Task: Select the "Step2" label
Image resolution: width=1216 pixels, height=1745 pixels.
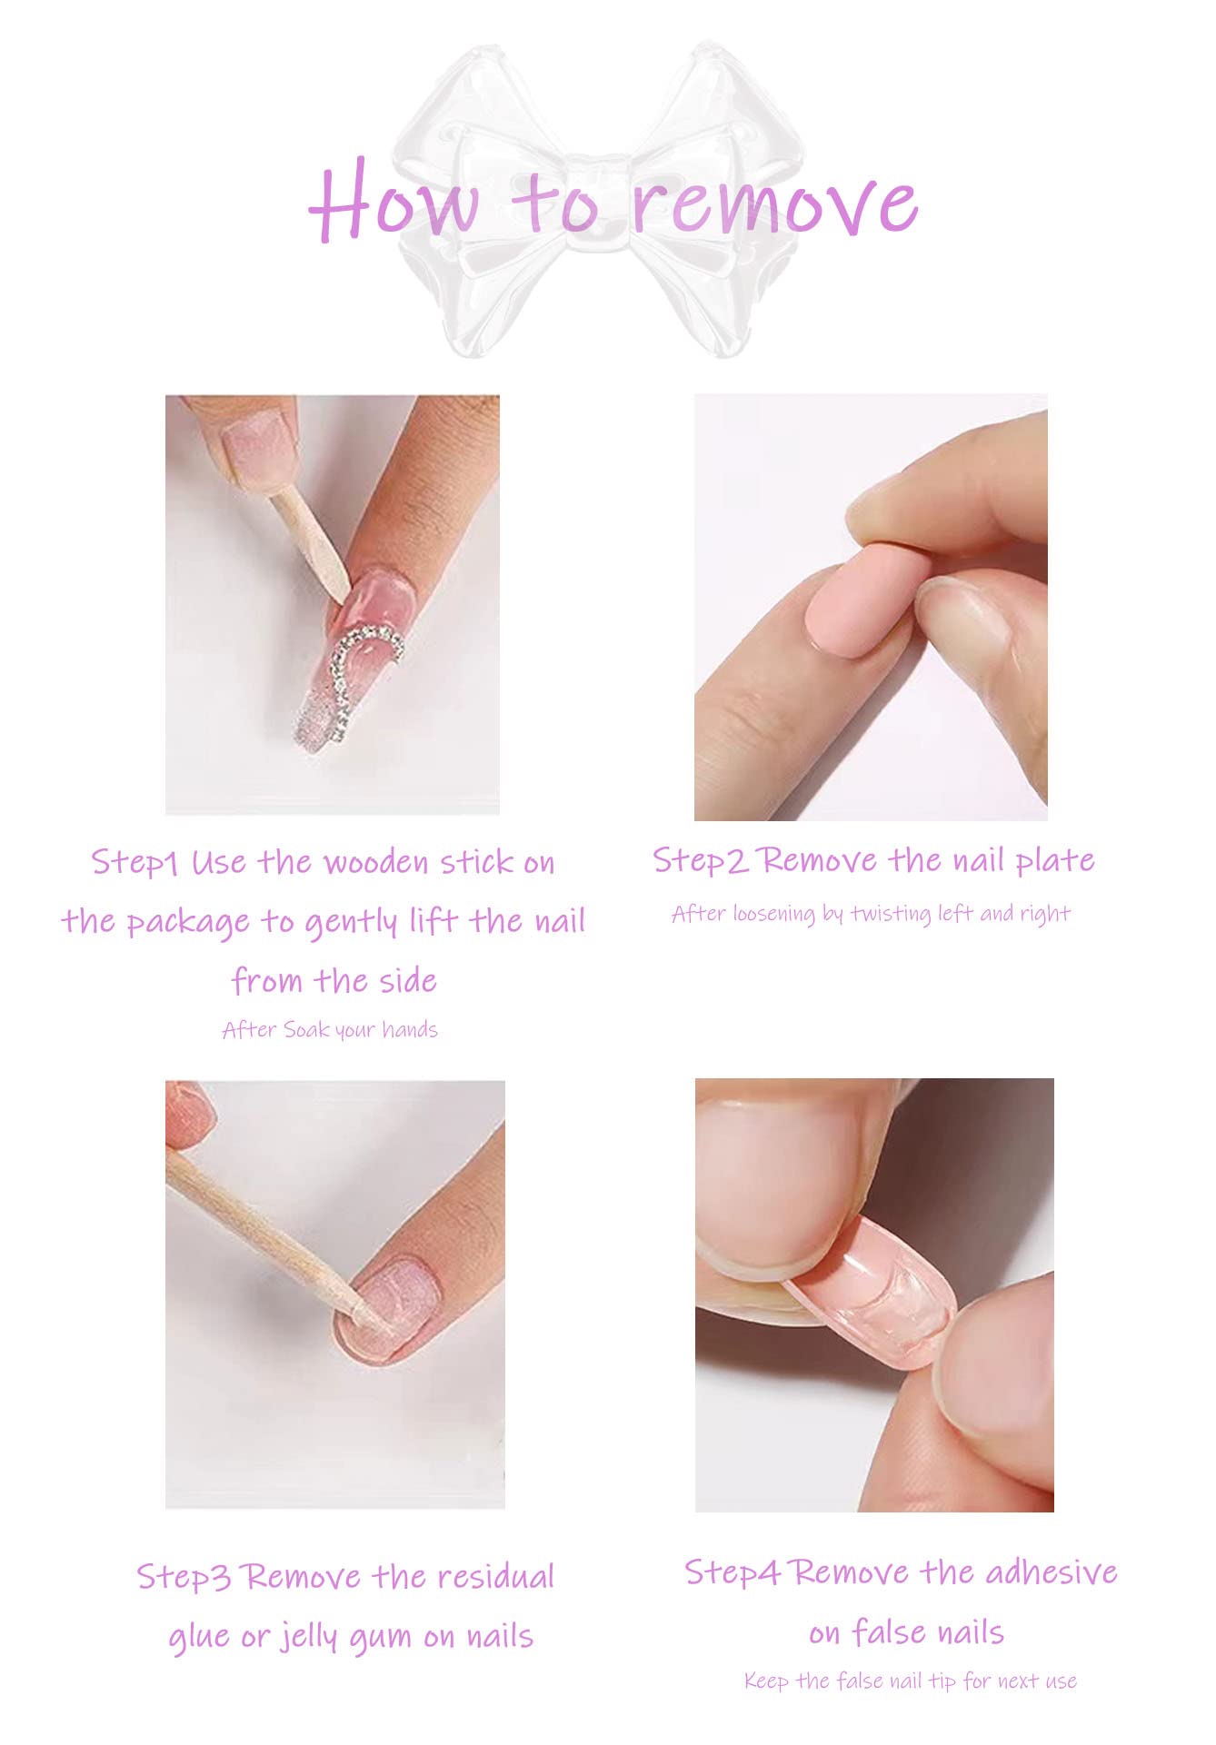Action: click(x=700, y=860)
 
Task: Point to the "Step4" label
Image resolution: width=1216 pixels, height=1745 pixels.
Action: click(x=732, y=1572)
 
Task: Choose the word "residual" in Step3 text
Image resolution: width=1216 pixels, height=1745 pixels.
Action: click(x=490, y=1576)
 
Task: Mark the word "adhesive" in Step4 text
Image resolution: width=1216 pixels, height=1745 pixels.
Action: click(x=1051, y=1572)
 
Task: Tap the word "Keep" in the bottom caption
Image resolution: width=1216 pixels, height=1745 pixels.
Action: click(x=766, y=1681)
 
